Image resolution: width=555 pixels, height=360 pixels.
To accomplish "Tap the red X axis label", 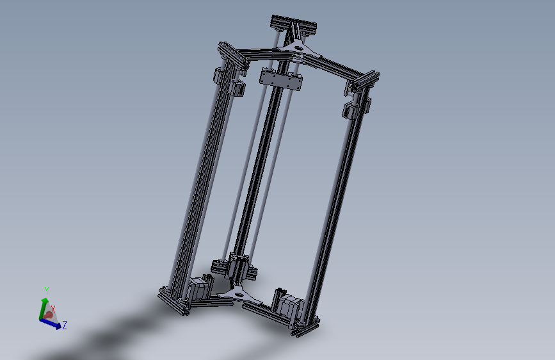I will (x=53, y=309).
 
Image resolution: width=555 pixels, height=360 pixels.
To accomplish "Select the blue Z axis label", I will (x=65, y=325).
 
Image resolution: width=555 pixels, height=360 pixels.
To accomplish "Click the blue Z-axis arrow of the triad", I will (x=54, y=323).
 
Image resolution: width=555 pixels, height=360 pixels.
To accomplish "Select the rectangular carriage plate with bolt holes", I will (x=280, y=79).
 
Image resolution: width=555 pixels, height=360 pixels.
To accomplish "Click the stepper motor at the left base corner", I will (x=198, y=288).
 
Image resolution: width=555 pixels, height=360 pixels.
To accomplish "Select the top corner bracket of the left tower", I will (x=232, y=54).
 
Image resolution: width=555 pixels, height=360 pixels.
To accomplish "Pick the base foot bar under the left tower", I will (x=175, y=302).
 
